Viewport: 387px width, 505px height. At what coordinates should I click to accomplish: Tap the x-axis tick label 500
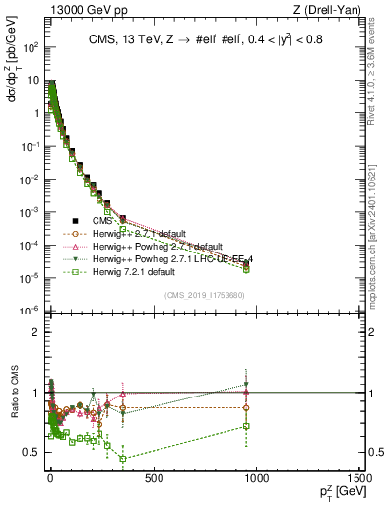click(x=153, y=480)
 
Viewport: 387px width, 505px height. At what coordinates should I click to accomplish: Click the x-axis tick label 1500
click(x=360, y=480)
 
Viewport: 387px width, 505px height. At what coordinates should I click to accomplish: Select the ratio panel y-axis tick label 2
click(x=33, y=331)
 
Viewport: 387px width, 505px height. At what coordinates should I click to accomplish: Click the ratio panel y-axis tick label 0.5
click(x=30, y=452)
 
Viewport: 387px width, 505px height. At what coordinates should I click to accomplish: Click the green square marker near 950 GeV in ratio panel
click(x=246, y=426)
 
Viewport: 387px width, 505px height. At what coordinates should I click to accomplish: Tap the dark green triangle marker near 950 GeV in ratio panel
click(x=246, y=385)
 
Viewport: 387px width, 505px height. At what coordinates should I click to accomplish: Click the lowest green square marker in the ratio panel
click(x=122, y=458)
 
